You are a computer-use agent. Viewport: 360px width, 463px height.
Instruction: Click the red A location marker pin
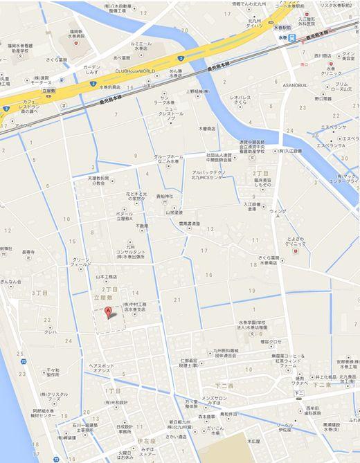coord(107,313)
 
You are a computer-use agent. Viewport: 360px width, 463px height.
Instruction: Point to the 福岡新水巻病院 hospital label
coord(76,35)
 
